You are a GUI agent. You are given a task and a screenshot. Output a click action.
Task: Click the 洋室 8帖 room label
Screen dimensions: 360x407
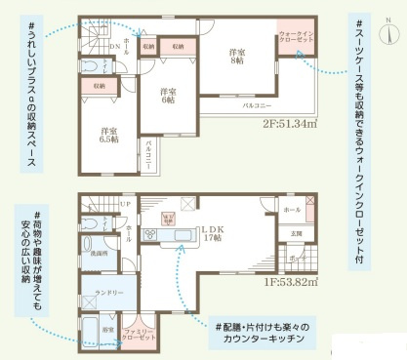237,56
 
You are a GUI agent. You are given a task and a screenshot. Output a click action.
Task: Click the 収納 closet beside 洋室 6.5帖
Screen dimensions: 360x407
100,86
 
